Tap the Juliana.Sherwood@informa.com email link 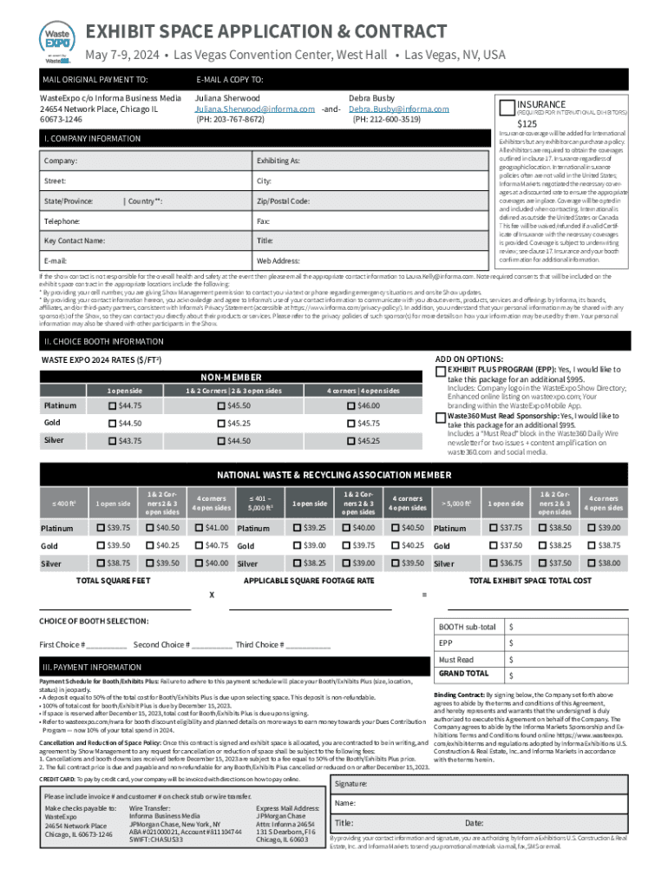254,109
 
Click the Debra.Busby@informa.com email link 398,109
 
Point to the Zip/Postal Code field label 283,201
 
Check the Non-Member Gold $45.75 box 351,423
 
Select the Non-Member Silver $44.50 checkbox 221,441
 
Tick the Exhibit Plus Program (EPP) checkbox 440,372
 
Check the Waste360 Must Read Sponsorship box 440,418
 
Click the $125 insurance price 527,123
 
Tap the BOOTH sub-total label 467,627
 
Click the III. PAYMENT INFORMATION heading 92,667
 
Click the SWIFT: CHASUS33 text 156,840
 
